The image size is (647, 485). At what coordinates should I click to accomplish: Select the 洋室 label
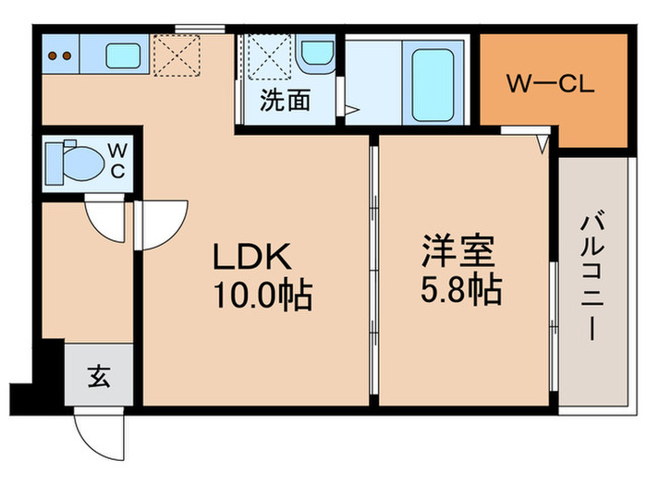[x=459, y=250]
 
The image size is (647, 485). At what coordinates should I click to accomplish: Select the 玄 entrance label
[x=98, y=376]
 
